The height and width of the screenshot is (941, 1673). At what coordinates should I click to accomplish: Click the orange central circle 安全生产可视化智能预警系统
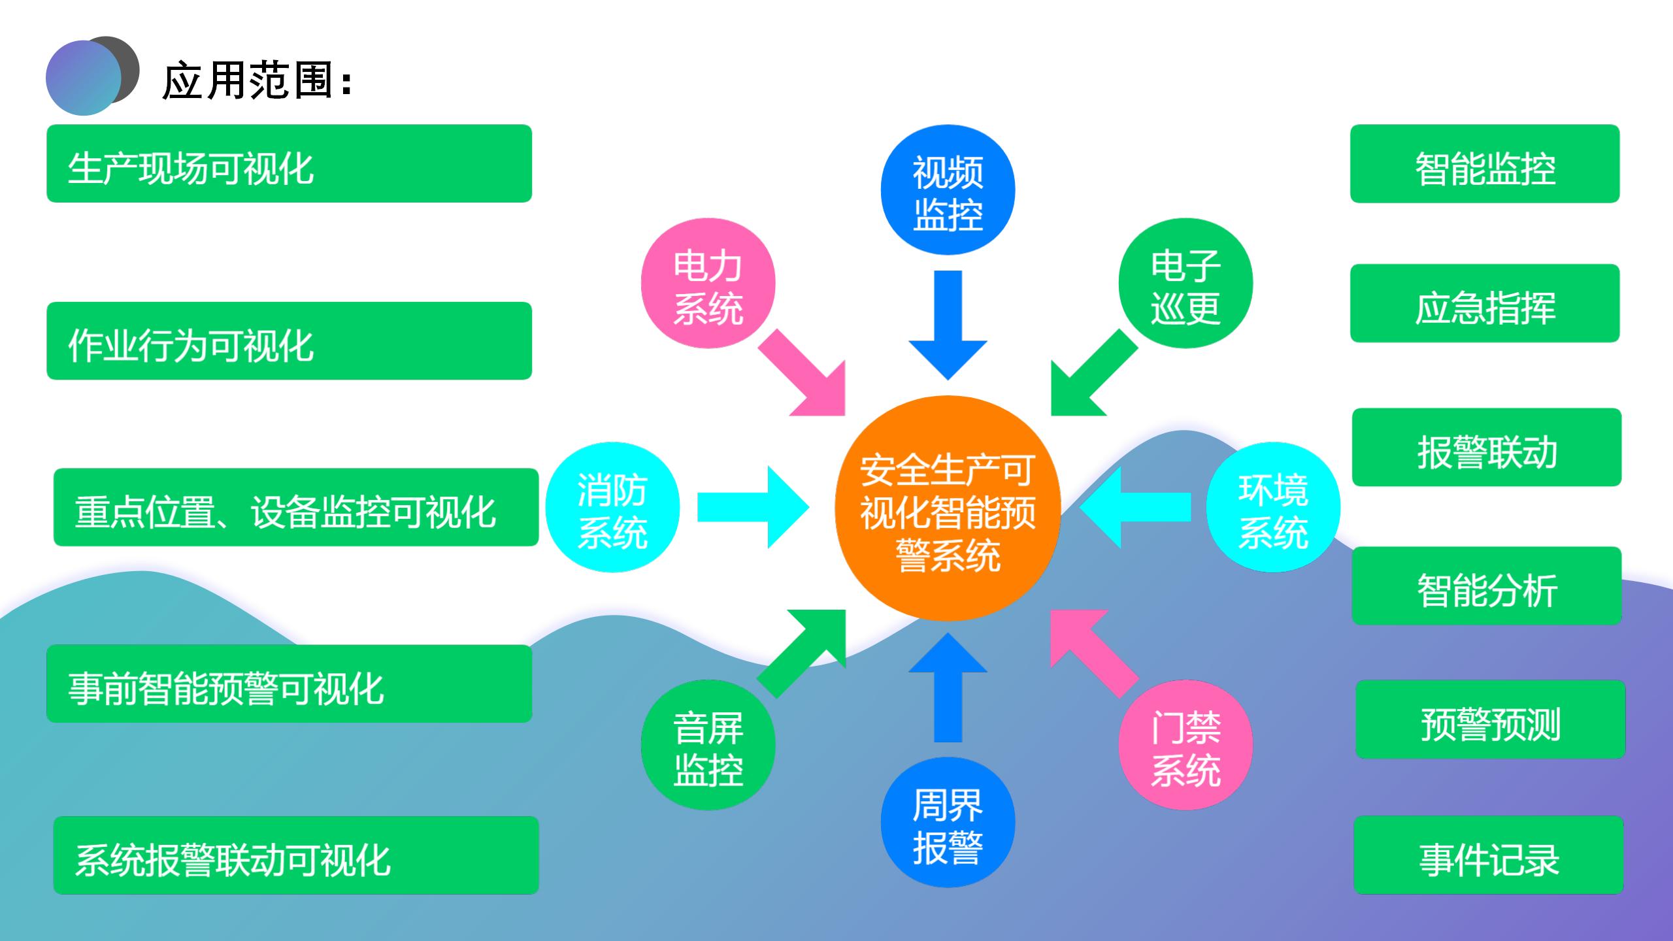tap(948, 508)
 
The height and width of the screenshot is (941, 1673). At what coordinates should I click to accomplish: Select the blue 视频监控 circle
tap(948, 190)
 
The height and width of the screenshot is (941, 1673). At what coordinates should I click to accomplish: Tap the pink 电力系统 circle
tap(708, 284)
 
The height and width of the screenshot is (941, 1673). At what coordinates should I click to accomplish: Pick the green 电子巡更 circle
tap(1185, 284)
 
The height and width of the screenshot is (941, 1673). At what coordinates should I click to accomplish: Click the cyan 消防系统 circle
tap(612, 508)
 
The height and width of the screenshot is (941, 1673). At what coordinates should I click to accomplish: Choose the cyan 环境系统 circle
tap(1273, 508)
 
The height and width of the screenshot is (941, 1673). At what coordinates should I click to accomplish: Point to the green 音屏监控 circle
tap(708, 745)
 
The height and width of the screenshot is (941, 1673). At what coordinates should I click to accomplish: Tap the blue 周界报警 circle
tap(948, 823)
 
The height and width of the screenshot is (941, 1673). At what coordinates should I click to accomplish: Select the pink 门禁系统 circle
tap(1185, 745)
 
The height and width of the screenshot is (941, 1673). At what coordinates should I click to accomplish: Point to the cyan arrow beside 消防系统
tap(752, 508)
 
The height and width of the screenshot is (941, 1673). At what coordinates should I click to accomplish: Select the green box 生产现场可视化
tap(289, 163)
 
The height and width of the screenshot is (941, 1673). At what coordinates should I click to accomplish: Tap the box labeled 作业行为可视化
tap(289, 340)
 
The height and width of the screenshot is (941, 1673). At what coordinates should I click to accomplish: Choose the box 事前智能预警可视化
tap(289, 684)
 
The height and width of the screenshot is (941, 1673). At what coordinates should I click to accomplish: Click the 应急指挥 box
tap(1485, 303)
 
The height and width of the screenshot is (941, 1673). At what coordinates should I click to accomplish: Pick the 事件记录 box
tap(1489, 855)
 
